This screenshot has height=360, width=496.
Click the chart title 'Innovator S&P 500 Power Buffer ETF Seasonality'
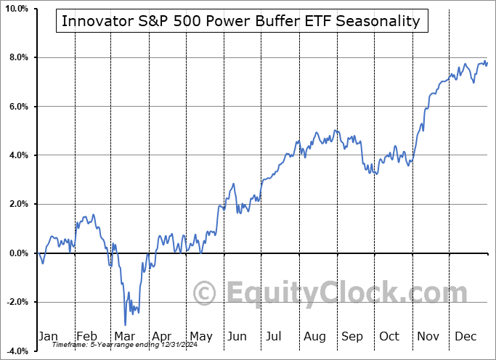pos(241,21)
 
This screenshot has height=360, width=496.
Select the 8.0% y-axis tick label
pos(18,57)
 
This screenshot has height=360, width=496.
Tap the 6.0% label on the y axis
pos(18,107)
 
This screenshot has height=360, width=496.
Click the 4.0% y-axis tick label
pos(18,155)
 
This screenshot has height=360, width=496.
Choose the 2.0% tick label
pos(18,204)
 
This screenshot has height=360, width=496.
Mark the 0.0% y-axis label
pos(18,253)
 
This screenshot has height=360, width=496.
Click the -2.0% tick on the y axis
pos(17,302)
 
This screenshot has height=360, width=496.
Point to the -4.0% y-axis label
pos(17,351)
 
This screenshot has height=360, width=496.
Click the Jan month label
pos(48,336)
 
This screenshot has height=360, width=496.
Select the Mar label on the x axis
pos(125,336)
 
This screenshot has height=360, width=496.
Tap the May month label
pos(200,336)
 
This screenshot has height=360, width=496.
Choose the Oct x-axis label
pos(390,336)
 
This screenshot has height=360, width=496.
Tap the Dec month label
pos(465,336)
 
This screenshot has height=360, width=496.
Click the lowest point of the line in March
pos(125,324)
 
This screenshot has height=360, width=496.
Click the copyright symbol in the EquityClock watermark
pos(205,294)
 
